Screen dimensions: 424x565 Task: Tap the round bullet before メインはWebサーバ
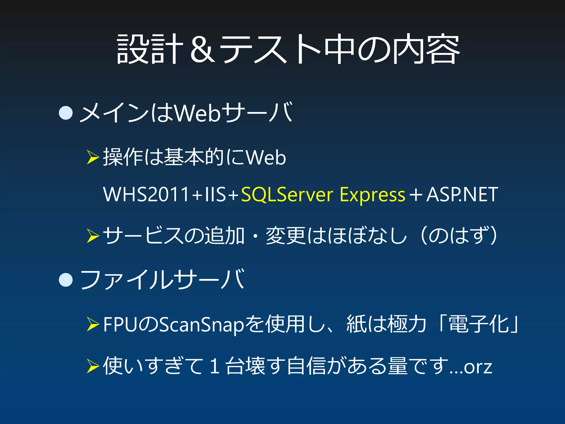pos(66,113)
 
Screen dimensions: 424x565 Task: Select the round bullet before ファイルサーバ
pos(66,280)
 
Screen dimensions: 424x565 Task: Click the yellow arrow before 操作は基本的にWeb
pos(93,157)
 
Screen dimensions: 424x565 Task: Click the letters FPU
pos(120,324)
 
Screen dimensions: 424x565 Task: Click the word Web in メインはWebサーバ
pos(198,113)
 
